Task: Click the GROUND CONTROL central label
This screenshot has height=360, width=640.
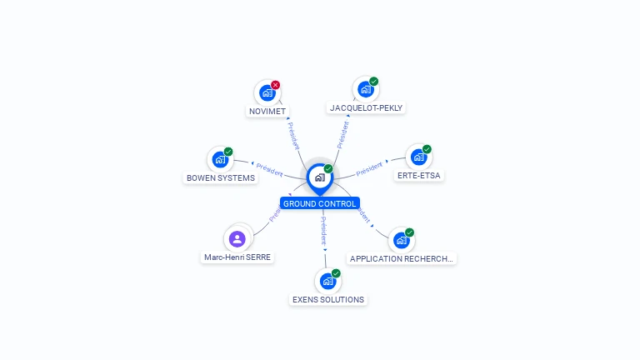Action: point(320,203)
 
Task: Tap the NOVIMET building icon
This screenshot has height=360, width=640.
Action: point(267,92)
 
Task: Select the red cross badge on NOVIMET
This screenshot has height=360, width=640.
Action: point(276,85)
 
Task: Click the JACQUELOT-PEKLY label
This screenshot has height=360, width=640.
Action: point(367,107)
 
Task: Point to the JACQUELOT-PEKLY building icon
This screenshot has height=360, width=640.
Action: point(365,89)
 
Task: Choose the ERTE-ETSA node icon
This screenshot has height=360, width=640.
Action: point(418,157)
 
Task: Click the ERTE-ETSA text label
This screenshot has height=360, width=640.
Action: point(419,176)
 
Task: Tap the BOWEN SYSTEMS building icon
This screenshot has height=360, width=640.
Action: point(220,159)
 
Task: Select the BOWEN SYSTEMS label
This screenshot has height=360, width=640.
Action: point(221,177)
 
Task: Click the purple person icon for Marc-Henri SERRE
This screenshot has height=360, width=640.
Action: point(237,239)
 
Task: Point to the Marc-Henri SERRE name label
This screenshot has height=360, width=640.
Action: point(238,257)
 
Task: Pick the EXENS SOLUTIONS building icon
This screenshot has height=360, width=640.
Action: point(327,281)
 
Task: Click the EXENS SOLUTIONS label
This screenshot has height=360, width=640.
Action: point(328,299)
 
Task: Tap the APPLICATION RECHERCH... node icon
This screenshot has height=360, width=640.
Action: point(401,240)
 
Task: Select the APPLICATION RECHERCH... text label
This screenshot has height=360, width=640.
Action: point(402,258)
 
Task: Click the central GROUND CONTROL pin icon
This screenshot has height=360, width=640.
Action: point(319,177)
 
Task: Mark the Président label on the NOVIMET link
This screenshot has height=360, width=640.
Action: point(293,135)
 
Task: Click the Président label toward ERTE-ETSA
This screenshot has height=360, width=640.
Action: point(369,169)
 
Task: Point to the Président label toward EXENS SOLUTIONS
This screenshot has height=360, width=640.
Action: point(323,230)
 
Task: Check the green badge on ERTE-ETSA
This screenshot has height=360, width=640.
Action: point(427,149)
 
